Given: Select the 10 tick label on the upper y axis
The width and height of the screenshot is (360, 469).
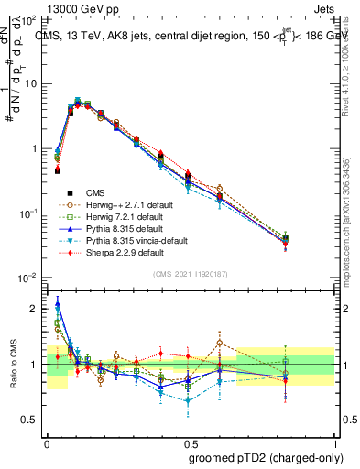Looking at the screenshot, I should coord(34,83).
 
